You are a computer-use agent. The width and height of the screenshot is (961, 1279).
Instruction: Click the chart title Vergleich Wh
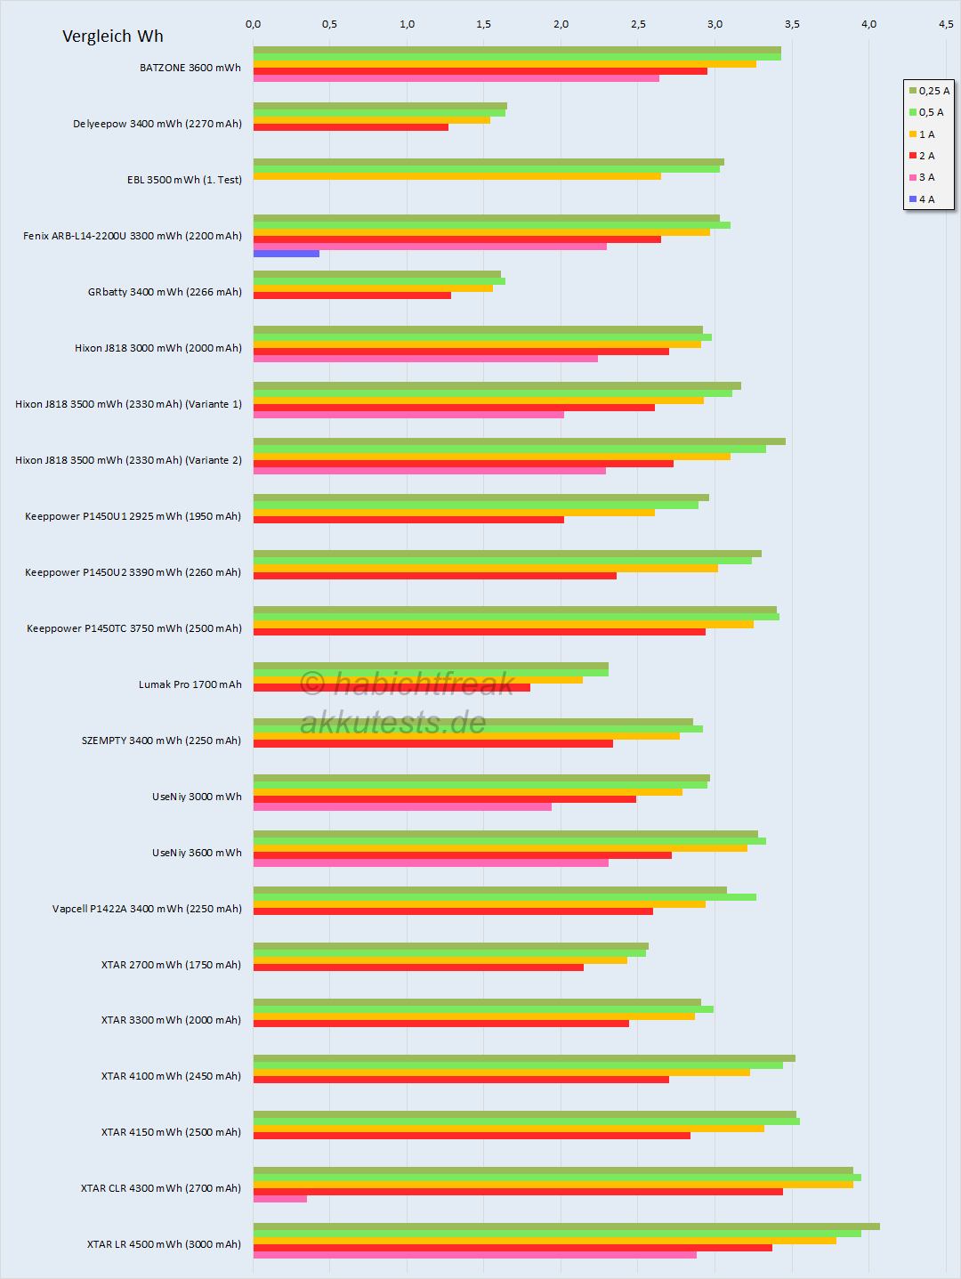pos(113,36)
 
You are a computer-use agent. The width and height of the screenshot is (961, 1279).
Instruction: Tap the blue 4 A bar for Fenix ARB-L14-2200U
pos(286,254)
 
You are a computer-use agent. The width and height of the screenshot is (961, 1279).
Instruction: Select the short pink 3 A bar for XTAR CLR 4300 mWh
pos(279,1199)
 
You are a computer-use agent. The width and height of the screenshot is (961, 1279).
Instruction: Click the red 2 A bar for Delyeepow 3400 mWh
pos(351,127)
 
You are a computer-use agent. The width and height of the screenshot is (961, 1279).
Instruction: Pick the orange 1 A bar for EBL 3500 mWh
pos(456,176)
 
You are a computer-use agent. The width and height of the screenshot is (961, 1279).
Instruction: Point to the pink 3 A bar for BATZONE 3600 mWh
pos(456,78)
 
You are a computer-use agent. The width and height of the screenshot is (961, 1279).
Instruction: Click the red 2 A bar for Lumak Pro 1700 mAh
pos(392,687)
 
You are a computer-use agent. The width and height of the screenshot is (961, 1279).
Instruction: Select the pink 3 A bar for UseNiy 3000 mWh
pos(402,807)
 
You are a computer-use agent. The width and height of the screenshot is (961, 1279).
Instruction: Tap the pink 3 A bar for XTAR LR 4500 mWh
pos(474,1255)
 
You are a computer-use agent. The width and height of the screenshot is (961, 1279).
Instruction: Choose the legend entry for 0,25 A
pos(929,91)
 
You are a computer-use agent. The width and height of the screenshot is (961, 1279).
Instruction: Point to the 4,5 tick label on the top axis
pos(945,24)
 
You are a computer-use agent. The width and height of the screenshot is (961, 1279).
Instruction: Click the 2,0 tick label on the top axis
pos(561,24)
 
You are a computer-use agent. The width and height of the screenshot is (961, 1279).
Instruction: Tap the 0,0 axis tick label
pos(253,24)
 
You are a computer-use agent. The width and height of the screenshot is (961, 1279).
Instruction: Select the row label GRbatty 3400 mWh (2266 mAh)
pos(165,292)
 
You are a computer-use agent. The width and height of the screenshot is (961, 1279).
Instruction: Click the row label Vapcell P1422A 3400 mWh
pos(147,909)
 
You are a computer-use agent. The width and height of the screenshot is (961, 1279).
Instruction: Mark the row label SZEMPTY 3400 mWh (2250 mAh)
pos(161,741)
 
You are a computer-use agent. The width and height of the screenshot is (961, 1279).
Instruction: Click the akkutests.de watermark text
pos(392,723)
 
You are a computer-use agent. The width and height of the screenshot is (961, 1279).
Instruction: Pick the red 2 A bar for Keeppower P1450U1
pos(408,520)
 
